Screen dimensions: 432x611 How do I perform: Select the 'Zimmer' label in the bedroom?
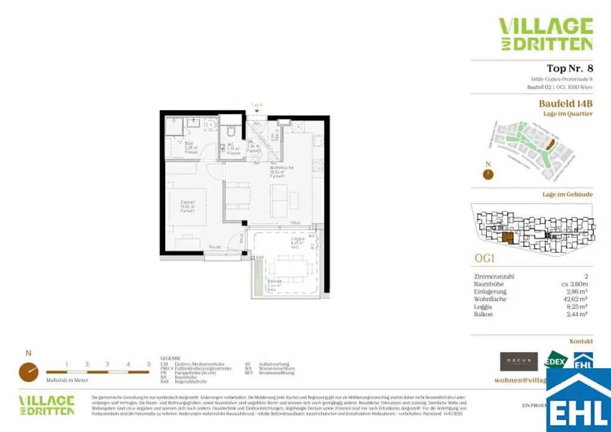[x=188, y=203]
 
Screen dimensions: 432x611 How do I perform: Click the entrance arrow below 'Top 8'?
[x=257, y=112]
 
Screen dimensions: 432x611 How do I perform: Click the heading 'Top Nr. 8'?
[x=569, y=68]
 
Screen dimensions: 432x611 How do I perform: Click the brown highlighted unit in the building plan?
[x=507, y=239]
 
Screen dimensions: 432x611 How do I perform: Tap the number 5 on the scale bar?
[x=149, y=363]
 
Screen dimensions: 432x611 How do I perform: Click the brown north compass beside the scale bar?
[x=28, y=372]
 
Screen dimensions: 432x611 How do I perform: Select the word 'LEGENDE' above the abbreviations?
[x=170, y=359]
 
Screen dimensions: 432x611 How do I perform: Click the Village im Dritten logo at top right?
[x=545, y=34]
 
